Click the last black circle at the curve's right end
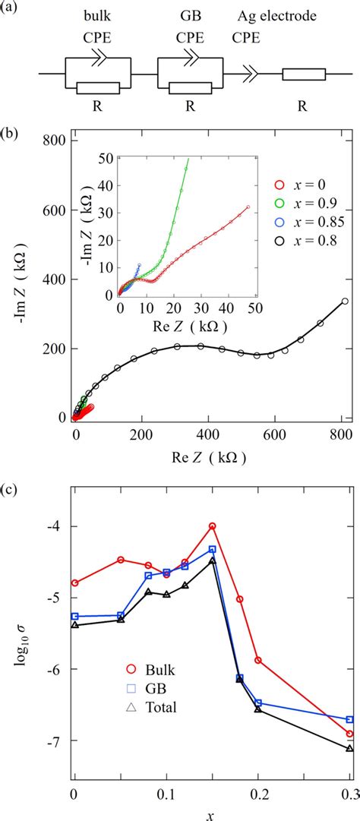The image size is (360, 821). pyautogui.click(x=345, y=301)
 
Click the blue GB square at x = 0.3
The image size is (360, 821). pyautogui.click(x=349, y=719)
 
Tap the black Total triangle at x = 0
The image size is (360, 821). pyautogui.click(x=74, y=625)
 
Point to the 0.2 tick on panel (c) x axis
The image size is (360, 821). pyautogui.click(x=258, y=793)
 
